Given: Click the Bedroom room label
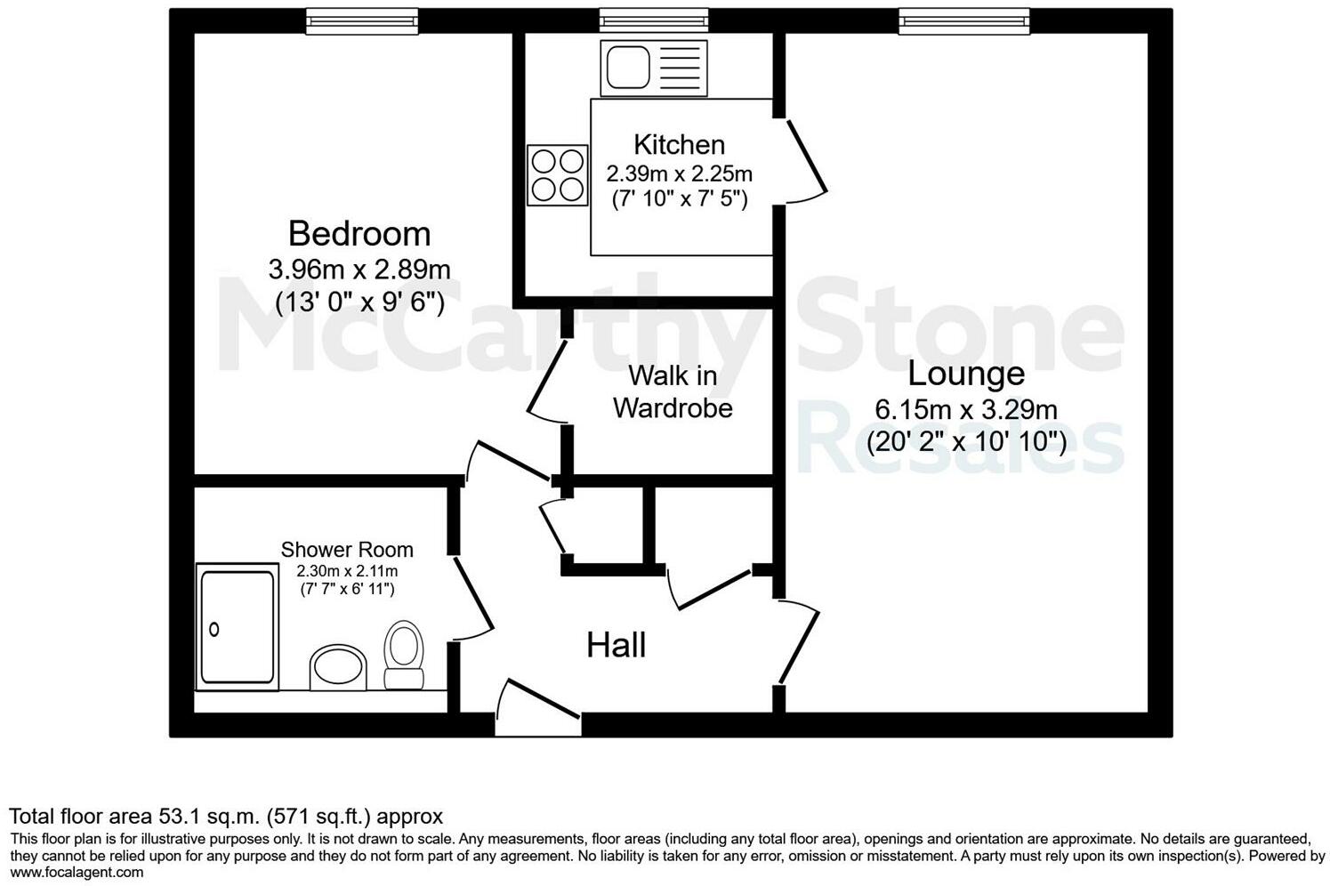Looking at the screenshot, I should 359,234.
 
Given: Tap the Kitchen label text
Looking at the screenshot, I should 679,144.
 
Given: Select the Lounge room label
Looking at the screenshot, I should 965,374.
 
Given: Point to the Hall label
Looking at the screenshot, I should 616,646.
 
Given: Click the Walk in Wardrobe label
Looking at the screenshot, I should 673,392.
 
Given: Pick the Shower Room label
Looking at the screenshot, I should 347,550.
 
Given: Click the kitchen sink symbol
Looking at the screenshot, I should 654,68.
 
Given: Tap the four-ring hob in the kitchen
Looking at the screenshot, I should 557,174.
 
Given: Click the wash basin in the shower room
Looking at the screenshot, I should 338,667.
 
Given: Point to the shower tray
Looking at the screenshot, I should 237,626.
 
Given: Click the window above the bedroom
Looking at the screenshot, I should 361,20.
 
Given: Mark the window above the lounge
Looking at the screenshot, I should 963,20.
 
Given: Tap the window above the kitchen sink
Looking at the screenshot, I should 654,20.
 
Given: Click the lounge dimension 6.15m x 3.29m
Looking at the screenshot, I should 965,410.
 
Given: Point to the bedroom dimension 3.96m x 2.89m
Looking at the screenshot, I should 359,269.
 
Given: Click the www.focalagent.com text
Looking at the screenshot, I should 76,873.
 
